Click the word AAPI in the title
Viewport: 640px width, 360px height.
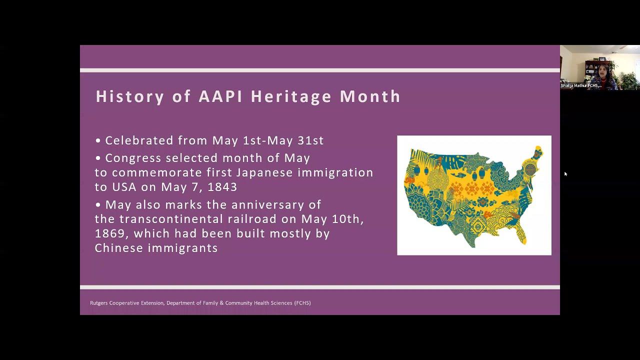coord(220,96)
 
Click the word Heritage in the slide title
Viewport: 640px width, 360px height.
coord(292,96)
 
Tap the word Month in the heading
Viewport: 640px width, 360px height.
coord(370,96)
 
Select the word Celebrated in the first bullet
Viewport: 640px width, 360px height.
coord(139,140)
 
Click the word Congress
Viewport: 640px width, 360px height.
coord(133,158)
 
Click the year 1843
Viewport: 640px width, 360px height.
coord(222,187)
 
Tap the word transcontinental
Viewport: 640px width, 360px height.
coord(171,219)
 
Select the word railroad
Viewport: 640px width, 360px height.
coord(252,219)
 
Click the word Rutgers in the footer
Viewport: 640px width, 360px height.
coord(98,303)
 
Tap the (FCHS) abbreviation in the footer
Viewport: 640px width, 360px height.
coord(302,303)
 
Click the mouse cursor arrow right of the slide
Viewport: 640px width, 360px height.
coord(565,174)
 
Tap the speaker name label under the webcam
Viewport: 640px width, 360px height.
coord(580,85)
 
